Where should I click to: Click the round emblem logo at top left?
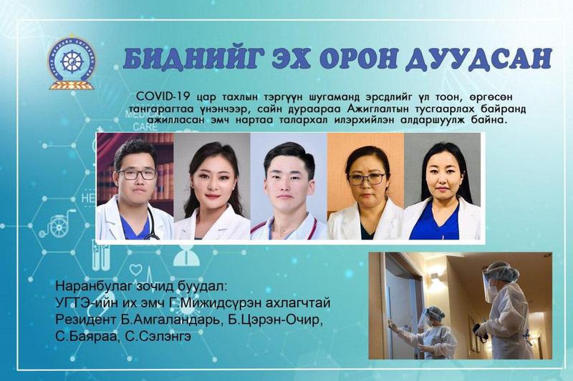click(72, 62)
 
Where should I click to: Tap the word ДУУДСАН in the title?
click(478, 59)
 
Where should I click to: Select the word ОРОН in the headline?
click(357, 59)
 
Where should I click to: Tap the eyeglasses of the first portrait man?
click(138, 174)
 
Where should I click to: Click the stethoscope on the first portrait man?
click(151, 225)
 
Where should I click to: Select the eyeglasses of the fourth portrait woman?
click(367, 179)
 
